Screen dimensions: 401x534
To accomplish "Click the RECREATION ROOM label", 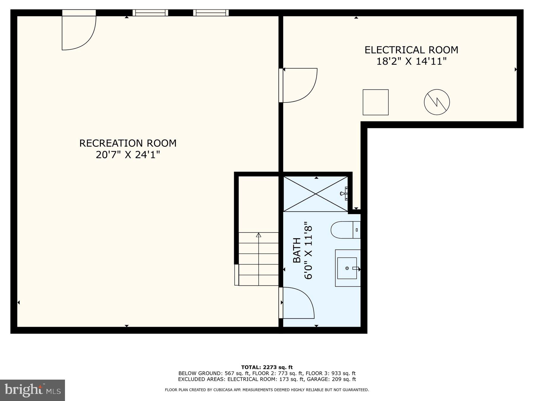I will pos(128,143).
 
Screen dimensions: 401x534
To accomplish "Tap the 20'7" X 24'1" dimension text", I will pos(128,155).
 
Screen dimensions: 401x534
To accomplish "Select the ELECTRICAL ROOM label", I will pos(411,50).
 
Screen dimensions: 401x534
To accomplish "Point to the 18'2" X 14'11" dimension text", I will pos(411,61).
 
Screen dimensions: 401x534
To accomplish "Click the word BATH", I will pos(297,250).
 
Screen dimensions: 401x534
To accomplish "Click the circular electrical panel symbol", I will pos(437,102).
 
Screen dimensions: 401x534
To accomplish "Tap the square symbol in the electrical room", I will pos(376,102).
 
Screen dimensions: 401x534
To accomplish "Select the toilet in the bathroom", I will pos(344,230).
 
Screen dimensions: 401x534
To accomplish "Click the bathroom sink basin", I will pos(347,268).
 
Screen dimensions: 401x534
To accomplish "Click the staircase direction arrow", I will pos(259,235).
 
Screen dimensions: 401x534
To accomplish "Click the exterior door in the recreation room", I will pos(79,31).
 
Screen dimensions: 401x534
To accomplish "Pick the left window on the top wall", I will pos(150,13).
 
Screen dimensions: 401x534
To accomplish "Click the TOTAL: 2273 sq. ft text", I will pos(267,367).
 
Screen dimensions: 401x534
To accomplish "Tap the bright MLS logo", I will pos(32,390).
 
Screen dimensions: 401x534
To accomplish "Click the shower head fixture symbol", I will pos(345,194).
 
